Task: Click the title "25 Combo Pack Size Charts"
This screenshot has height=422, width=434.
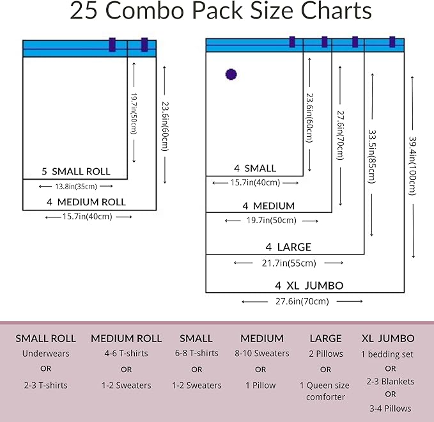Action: click(x=221, y=12)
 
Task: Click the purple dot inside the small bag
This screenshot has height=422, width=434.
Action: click(x=231, y=74)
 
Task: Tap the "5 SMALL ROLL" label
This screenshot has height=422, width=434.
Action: click(x=75, y=171)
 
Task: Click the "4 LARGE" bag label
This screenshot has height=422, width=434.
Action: click(x=288, y=247)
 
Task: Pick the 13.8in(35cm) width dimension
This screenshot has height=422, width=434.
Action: click(x=76, y=187)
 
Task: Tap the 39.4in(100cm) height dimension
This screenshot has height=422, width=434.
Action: click(x=414, y=165)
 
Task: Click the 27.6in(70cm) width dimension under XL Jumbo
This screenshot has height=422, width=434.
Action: click(x=302, y=301)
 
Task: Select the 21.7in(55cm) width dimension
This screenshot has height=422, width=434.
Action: click(x=289, y=263)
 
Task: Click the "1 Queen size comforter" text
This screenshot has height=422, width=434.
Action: click(x=325, y=391)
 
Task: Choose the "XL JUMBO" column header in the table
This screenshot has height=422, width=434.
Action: click(x=388, y=338)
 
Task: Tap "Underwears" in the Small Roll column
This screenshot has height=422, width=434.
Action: click(x=45, y=354)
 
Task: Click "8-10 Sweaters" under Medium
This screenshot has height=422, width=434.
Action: click(x=262, y=354)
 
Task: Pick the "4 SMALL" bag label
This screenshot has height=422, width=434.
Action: click(x=255, y=169)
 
